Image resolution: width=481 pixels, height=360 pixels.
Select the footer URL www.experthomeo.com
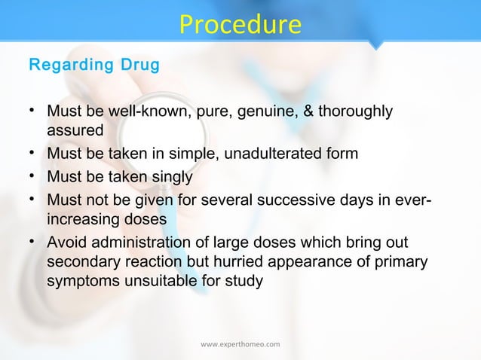click(x=240, y=344)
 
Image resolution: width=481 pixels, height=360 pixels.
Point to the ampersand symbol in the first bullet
click(x=307, y=112)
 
